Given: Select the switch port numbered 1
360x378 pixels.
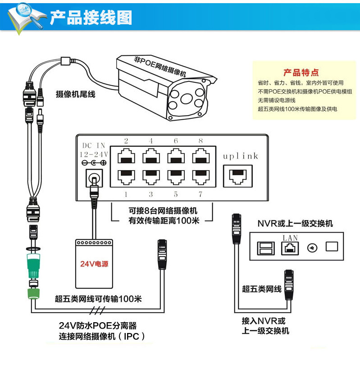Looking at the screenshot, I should (126, 175).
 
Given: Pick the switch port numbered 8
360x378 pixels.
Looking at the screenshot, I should (200, 157).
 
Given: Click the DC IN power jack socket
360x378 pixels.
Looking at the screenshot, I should (94, 175).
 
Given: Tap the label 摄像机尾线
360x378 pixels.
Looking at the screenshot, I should (75, 94).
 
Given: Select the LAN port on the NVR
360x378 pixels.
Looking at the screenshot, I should (290, 247).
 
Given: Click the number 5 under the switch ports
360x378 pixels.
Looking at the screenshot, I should (175, 194).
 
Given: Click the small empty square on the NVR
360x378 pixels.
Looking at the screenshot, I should (331, 247).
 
